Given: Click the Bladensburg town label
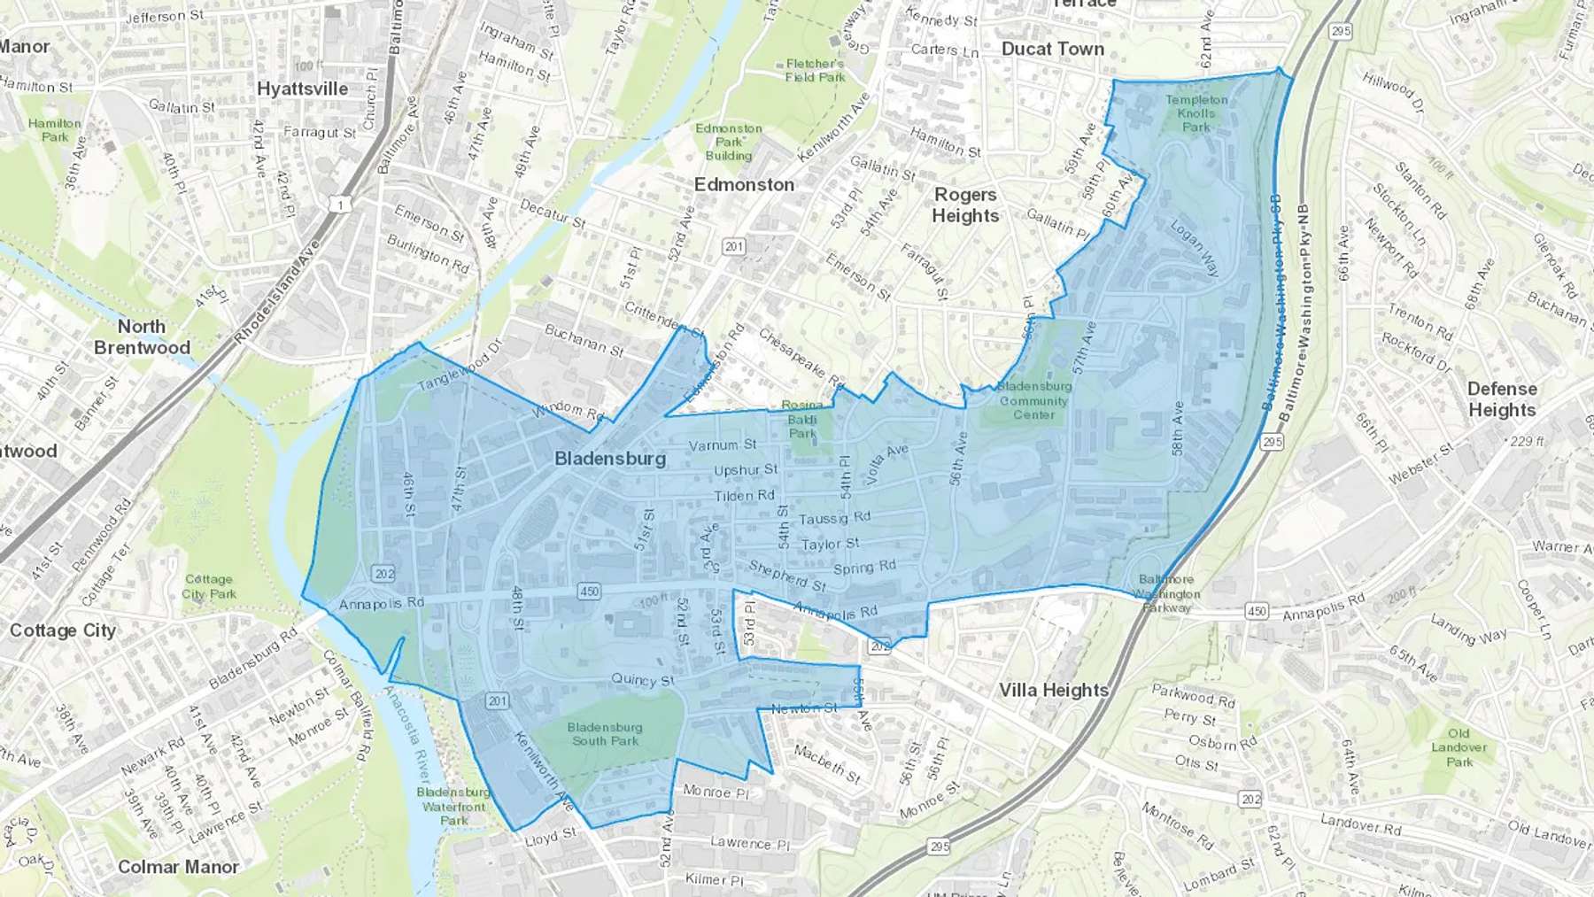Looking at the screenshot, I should [x=609, y=459].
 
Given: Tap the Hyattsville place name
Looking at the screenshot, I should [x=302, y=89].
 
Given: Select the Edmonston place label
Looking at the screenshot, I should [x=744, y=184].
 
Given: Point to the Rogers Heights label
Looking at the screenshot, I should [x=964, y=205].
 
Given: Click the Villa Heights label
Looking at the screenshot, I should [x=1053, y=690].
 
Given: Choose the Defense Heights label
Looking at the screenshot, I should [x=1502, y=399].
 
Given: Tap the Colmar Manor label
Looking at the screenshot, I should [x=178, y=867].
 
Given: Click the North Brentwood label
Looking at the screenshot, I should [x=142, y=336].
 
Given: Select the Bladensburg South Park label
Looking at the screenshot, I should [x=606, y=734].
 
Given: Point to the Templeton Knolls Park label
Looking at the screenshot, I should [x=1196, y=113].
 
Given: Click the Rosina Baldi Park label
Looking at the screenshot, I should [x=802, y=419].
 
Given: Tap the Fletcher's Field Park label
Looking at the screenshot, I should [x=815, y=70].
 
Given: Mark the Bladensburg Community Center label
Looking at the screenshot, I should [x=1033, y=400].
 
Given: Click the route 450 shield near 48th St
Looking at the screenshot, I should [x=589, y=592].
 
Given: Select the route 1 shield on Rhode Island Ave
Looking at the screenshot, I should [x=341, y=205].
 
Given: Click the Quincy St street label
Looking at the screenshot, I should [x=642, y=680].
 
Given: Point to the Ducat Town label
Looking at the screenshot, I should [x=1052, y=49].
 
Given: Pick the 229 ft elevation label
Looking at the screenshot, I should [x=1528, y=441].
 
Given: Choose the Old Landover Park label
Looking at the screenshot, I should [x=1459, y=747].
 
